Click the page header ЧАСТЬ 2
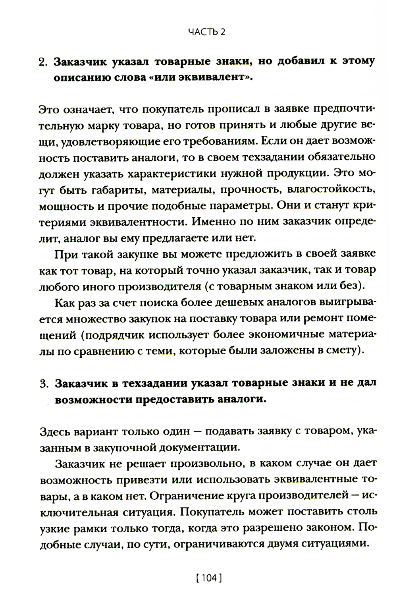[206, 33]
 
